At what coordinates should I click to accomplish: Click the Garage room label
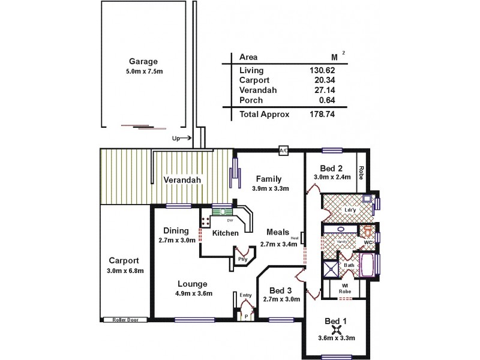(143, 61)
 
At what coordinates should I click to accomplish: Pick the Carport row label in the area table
(254, 80)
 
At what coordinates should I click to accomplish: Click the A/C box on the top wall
(283, 151)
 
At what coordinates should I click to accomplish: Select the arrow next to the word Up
(186, 138)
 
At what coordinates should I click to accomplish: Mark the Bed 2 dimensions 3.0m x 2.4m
(331, 177)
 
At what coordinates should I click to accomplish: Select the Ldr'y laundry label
(351, 210)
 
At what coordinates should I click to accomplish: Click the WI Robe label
(344, 289)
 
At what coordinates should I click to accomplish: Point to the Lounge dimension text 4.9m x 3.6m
(192, 293)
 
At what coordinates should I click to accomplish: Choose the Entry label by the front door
(245, 295)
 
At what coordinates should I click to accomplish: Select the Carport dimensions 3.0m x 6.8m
(125, 271)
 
